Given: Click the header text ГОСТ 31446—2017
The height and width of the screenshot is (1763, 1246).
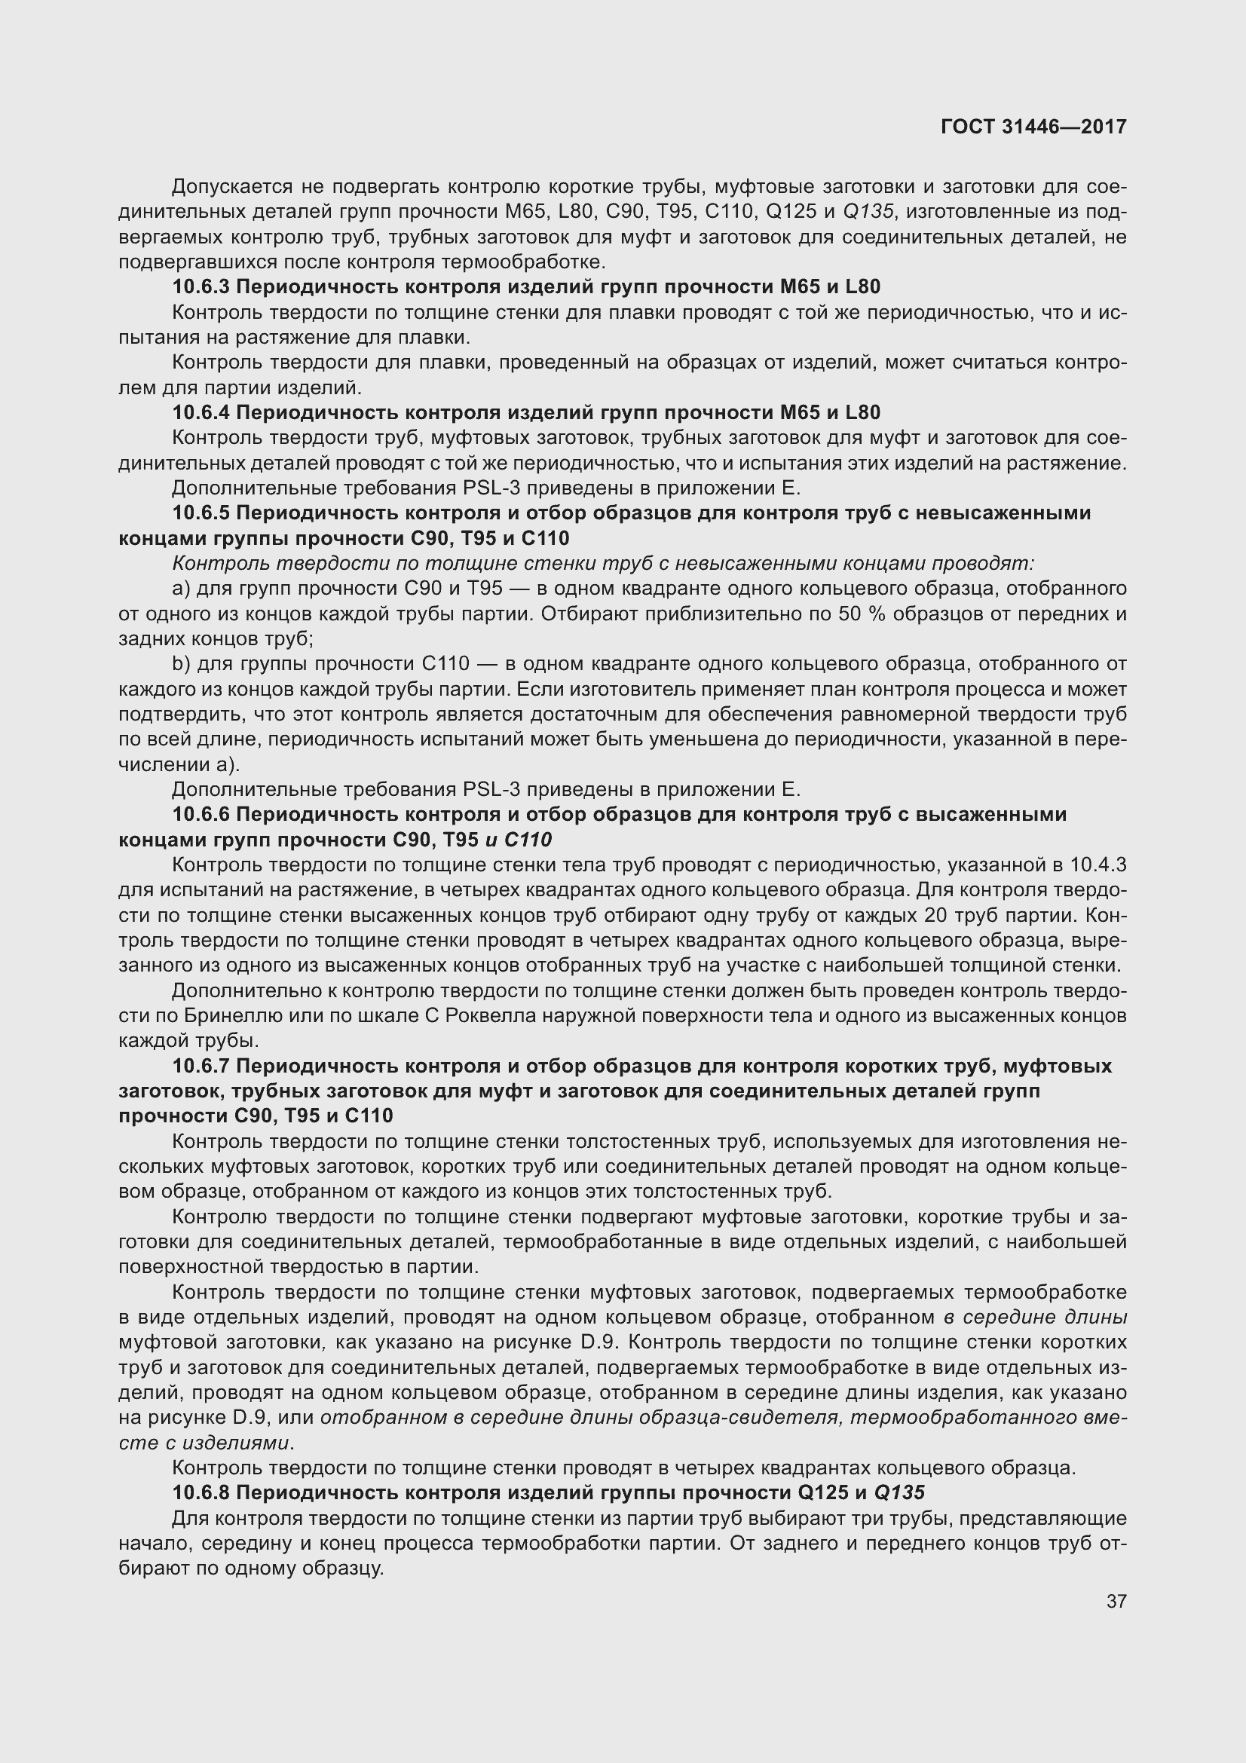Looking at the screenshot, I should [x=1033, y=127].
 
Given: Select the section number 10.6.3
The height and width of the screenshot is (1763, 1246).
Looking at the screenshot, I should [x=201, y=287].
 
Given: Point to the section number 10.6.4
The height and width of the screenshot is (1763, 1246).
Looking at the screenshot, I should [x=201, y=412].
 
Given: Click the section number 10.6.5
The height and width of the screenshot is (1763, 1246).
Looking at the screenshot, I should [x=201, y=513].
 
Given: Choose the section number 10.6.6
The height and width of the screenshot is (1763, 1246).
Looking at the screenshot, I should [x=201, y=814].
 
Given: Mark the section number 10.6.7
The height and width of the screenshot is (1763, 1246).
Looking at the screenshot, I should [x=201, y=1066].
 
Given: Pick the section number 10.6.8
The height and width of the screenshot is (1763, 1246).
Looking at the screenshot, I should [x=201, y=1492].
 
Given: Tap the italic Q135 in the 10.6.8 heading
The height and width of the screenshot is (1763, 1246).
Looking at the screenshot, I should [x=899, y=1492].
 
